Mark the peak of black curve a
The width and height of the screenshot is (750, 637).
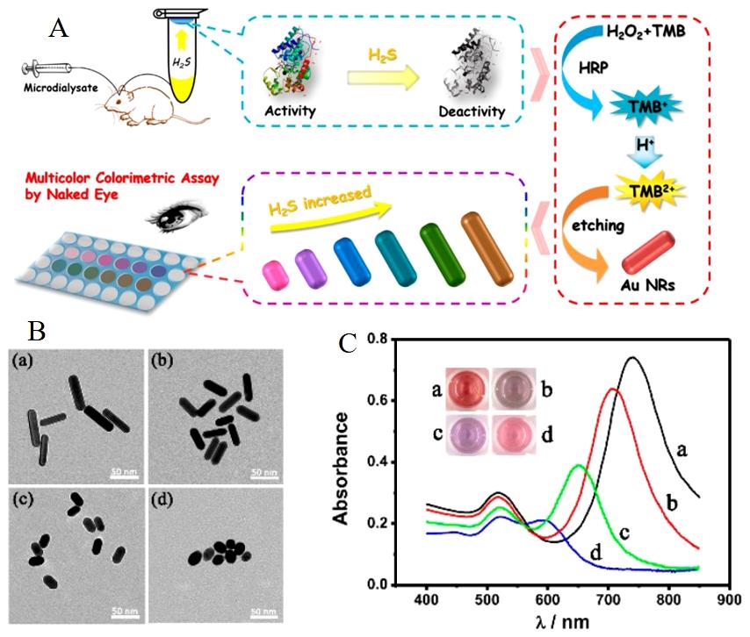(650, 357)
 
